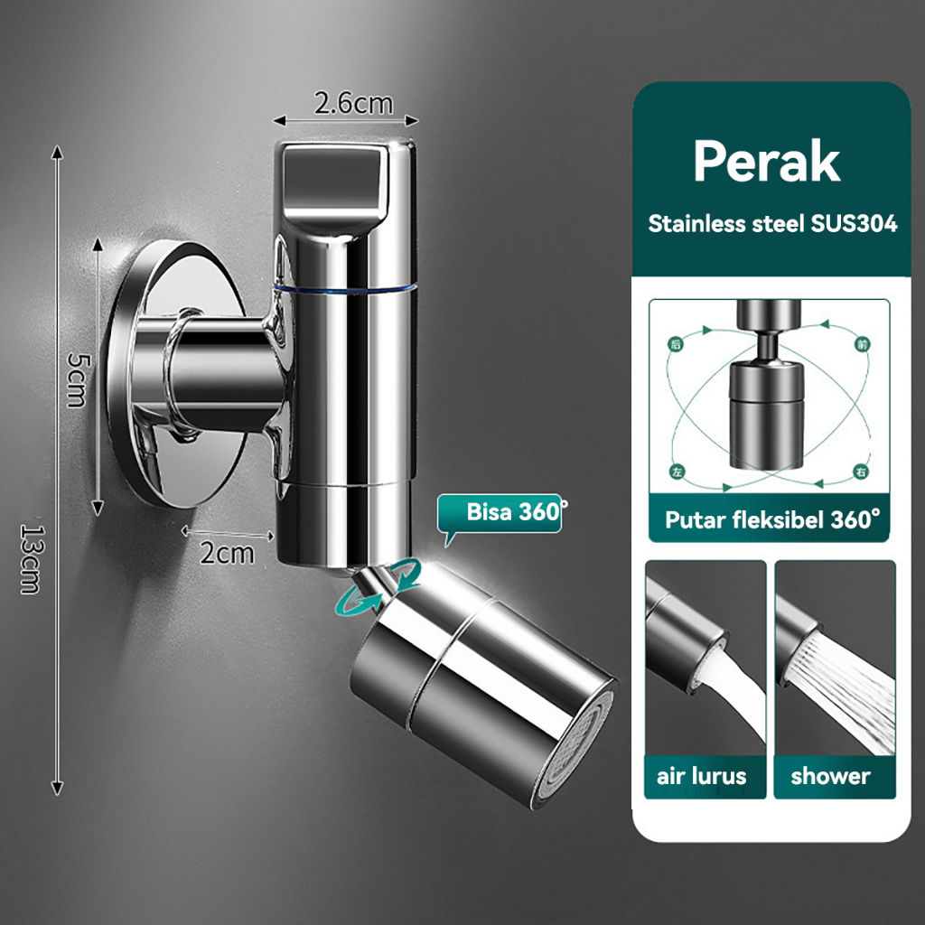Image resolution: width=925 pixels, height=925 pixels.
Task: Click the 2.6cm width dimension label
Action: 353,104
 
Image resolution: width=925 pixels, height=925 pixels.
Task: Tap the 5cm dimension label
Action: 79,380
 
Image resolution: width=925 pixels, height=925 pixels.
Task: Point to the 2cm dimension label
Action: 227,554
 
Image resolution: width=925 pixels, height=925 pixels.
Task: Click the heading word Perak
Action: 766,161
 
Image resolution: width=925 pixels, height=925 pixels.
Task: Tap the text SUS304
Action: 854,224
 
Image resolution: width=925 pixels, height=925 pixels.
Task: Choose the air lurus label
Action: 701,776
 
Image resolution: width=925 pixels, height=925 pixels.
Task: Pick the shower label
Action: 831,776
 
